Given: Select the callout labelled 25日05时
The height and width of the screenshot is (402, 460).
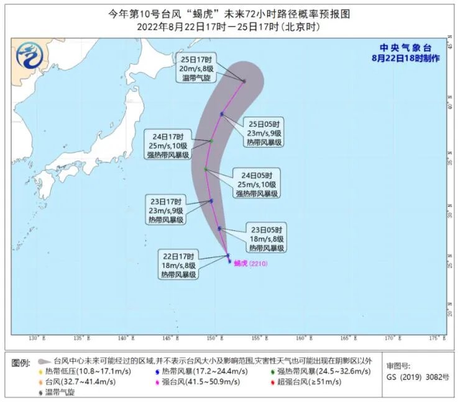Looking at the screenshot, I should tap(265, 132).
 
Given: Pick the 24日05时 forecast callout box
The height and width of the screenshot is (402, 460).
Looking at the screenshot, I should tap(256, 183).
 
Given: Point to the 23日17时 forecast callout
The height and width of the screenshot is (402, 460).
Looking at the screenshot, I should tap(165, 210).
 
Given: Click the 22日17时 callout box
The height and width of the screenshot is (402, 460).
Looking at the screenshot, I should tap(179, 264).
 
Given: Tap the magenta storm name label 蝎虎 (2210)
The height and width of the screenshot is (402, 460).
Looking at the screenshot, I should tap(252, 263).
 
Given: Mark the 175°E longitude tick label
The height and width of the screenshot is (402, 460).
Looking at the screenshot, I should tap(437, 338).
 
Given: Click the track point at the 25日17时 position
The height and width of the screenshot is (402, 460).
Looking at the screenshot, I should tap(244, 81).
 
